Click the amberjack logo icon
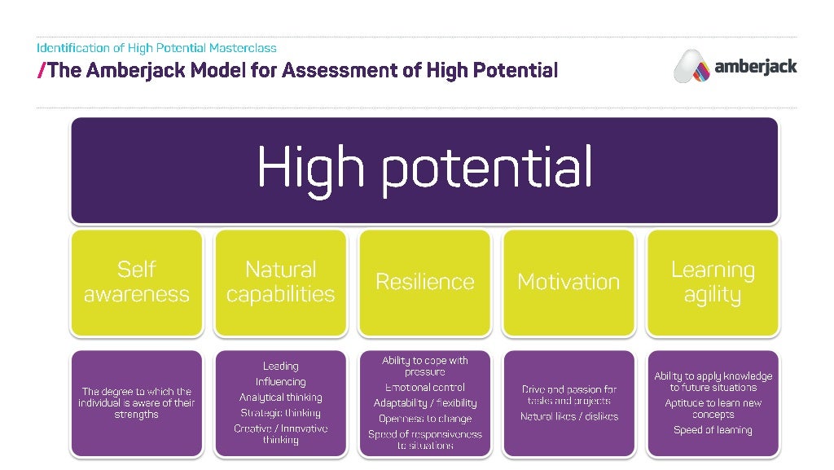click(691, 66)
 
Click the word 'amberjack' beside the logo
click(755, 67)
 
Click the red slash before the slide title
click(41, 70)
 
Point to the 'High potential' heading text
click(424, 169)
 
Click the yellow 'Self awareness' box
click(136, 282)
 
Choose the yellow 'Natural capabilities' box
click(280, 282)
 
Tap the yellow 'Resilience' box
click(424, 282)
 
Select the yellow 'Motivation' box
click(568, 282)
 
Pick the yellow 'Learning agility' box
click(713, 282)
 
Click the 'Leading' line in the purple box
click(280, 367)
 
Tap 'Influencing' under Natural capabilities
click(280, 382)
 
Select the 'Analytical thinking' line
click(280, 398)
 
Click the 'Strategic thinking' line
click(280, 413)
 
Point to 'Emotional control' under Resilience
click(424, 388)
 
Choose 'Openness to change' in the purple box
click(424, 419)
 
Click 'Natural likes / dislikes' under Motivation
click(568, 417)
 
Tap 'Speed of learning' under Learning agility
click(713, 430)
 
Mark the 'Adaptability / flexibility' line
click(424, 403)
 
